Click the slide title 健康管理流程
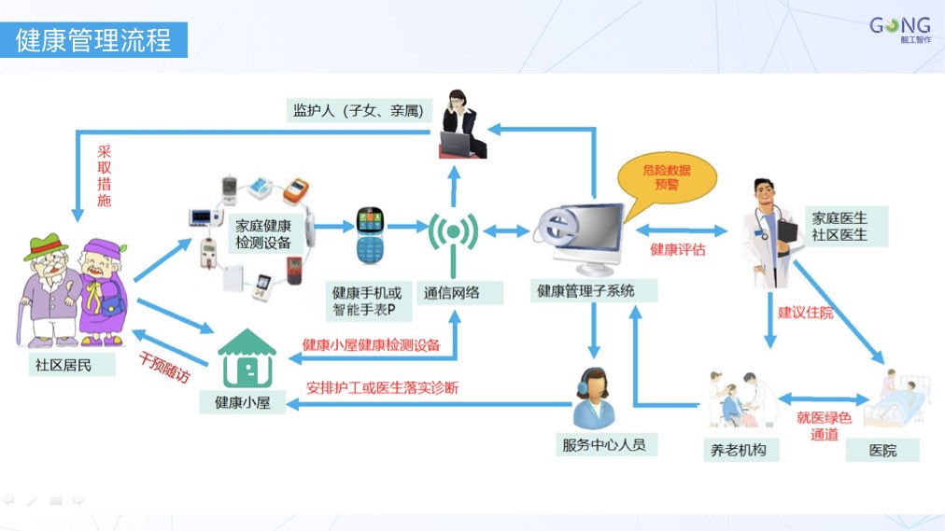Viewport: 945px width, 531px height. coord(93,41)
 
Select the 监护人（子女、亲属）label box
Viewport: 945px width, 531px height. coord(357,111)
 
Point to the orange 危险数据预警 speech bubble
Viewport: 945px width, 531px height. coord(668,177)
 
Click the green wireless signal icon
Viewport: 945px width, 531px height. coord(453,233)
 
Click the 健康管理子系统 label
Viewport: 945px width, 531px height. coord(585,291)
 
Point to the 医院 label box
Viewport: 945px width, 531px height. coord(882,450)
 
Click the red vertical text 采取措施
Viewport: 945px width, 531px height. coord(104,175)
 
